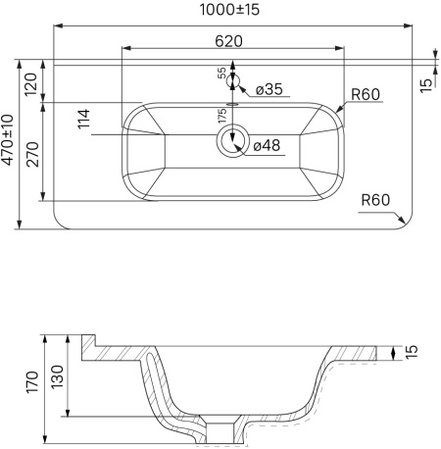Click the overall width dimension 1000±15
point(229,10)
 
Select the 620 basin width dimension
point(228,41)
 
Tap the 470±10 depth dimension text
point(7,140)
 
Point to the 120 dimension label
point(31,84)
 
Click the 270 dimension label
point(32,154)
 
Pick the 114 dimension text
point(83,119)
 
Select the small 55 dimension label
point(221,73)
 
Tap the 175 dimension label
point(222,116)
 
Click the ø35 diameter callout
point(269,89)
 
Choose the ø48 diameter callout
point(267,145)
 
